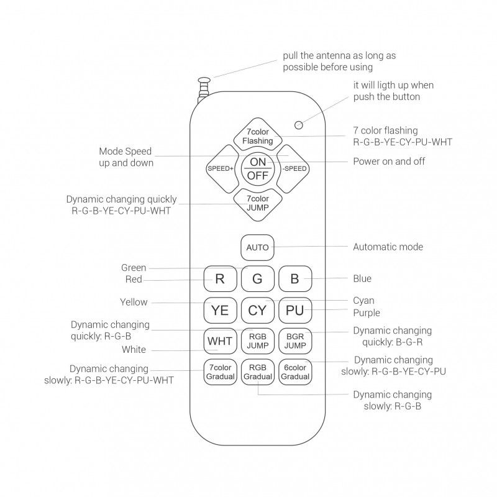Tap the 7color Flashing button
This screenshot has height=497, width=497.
pos(258,137)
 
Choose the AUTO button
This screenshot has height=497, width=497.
pos(258,247)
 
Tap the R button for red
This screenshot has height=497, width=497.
pos(220,278)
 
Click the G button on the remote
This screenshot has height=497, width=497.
pos(258,278)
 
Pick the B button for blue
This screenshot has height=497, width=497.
pos(295,278)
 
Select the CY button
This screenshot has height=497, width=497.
pos(258,309)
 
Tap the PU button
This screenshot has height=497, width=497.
pos(295,309)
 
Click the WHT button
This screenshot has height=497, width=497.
pos(220,340)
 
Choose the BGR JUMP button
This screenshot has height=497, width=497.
pos(295,340)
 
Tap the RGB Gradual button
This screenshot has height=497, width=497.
pos(258,372)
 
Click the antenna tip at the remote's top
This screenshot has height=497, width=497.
pos(204,80)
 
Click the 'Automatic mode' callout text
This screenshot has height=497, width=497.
pos(388,247)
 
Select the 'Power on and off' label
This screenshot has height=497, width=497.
pos(389,162)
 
